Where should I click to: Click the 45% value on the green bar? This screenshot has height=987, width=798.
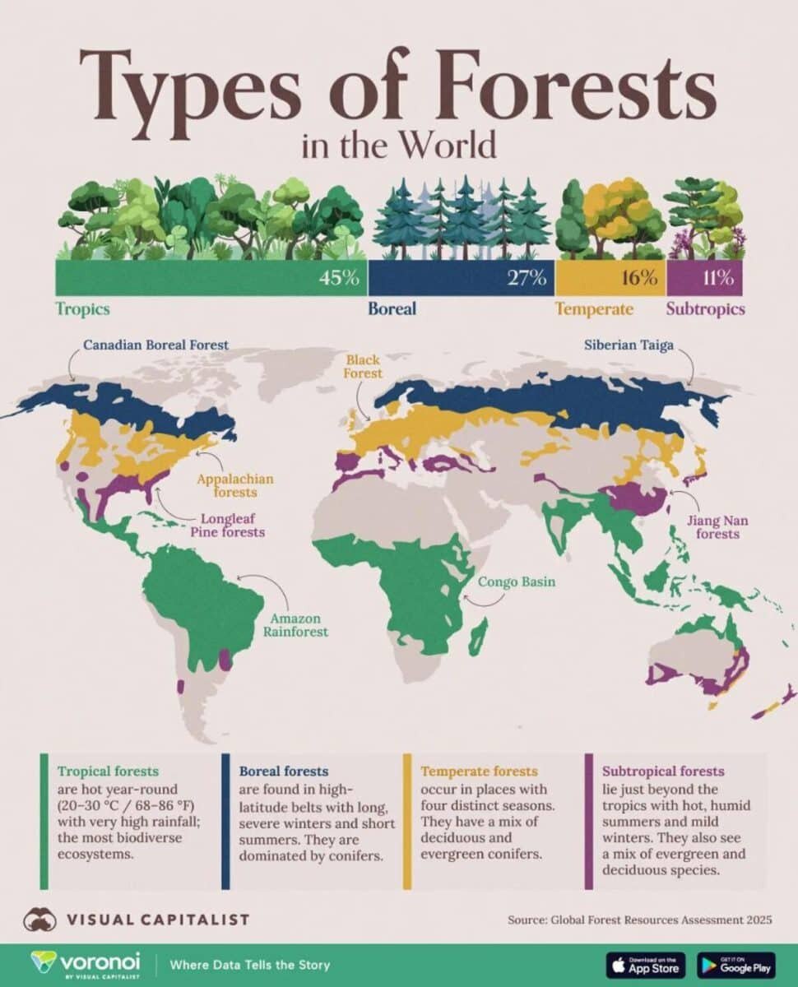340,278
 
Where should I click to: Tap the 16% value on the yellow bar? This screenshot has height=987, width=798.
639,278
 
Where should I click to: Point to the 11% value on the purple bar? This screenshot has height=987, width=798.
717,278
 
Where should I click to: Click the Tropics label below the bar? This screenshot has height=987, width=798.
82,309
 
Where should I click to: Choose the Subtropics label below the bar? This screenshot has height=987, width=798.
705,309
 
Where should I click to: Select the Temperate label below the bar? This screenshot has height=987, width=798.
594,309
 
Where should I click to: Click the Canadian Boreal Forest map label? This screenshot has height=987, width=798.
155,345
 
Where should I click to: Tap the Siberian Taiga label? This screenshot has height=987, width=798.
629,345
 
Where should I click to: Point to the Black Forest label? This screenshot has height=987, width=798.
364,366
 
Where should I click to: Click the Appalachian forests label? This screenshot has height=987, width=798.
234,485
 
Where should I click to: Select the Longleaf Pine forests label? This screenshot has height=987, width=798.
233,526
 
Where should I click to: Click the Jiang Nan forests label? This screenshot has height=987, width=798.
717,527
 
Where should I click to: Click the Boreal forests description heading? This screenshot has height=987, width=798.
283,772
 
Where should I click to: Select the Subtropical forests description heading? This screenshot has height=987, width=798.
663,772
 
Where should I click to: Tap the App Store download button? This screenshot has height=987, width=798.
647,964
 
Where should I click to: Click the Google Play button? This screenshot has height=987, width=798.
736,964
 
